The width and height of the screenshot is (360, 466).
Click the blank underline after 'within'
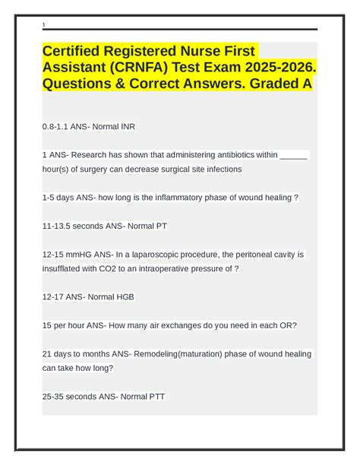pyautogui.click(x=294, y=155)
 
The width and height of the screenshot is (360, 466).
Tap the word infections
pyautogui.click(x=216, y=170)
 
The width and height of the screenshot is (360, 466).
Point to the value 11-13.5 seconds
pyautogui.click(x=77, y=226)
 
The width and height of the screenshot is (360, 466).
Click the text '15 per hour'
pyautogui.click(x=67, y=325)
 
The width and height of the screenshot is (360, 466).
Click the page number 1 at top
pyautogui.click(x=44, y=25)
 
